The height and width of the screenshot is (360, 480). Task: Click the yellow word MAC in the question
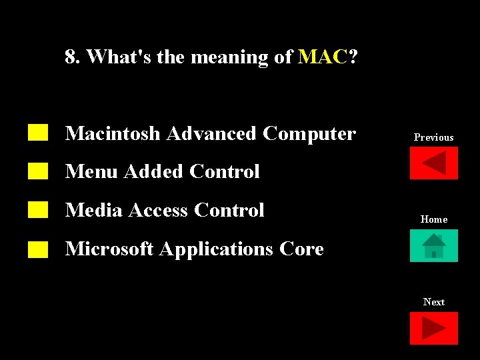(323, 57)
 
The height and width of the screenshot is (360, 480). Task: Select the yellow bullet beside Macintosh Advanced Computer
(39, 132)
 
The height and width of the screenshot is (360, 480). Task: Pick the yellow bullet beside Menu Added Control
(39, 171)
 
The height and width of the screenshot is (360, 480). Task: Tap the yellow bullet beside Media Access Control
(39, 210)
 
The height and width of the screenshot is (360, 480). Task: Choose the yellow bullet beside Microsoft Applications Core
(39, 249)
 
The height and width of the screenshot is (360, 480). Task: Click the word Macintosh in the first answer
(113, 134)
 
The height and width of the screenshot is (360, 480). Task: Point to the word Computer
(309, 134)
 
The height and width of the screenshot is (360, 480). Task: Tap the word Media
(93, 211)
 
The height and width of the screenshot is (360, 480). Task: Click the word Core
(301, 249)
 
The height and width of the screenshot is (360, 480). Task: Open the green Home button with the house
(433, 246)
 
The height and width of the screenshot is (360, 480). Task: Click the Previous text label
(433, 137)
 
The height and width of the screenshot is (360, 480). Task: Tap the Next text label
(433, 302)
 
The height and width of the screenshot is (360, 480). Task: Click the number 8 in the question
(70, 57)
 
